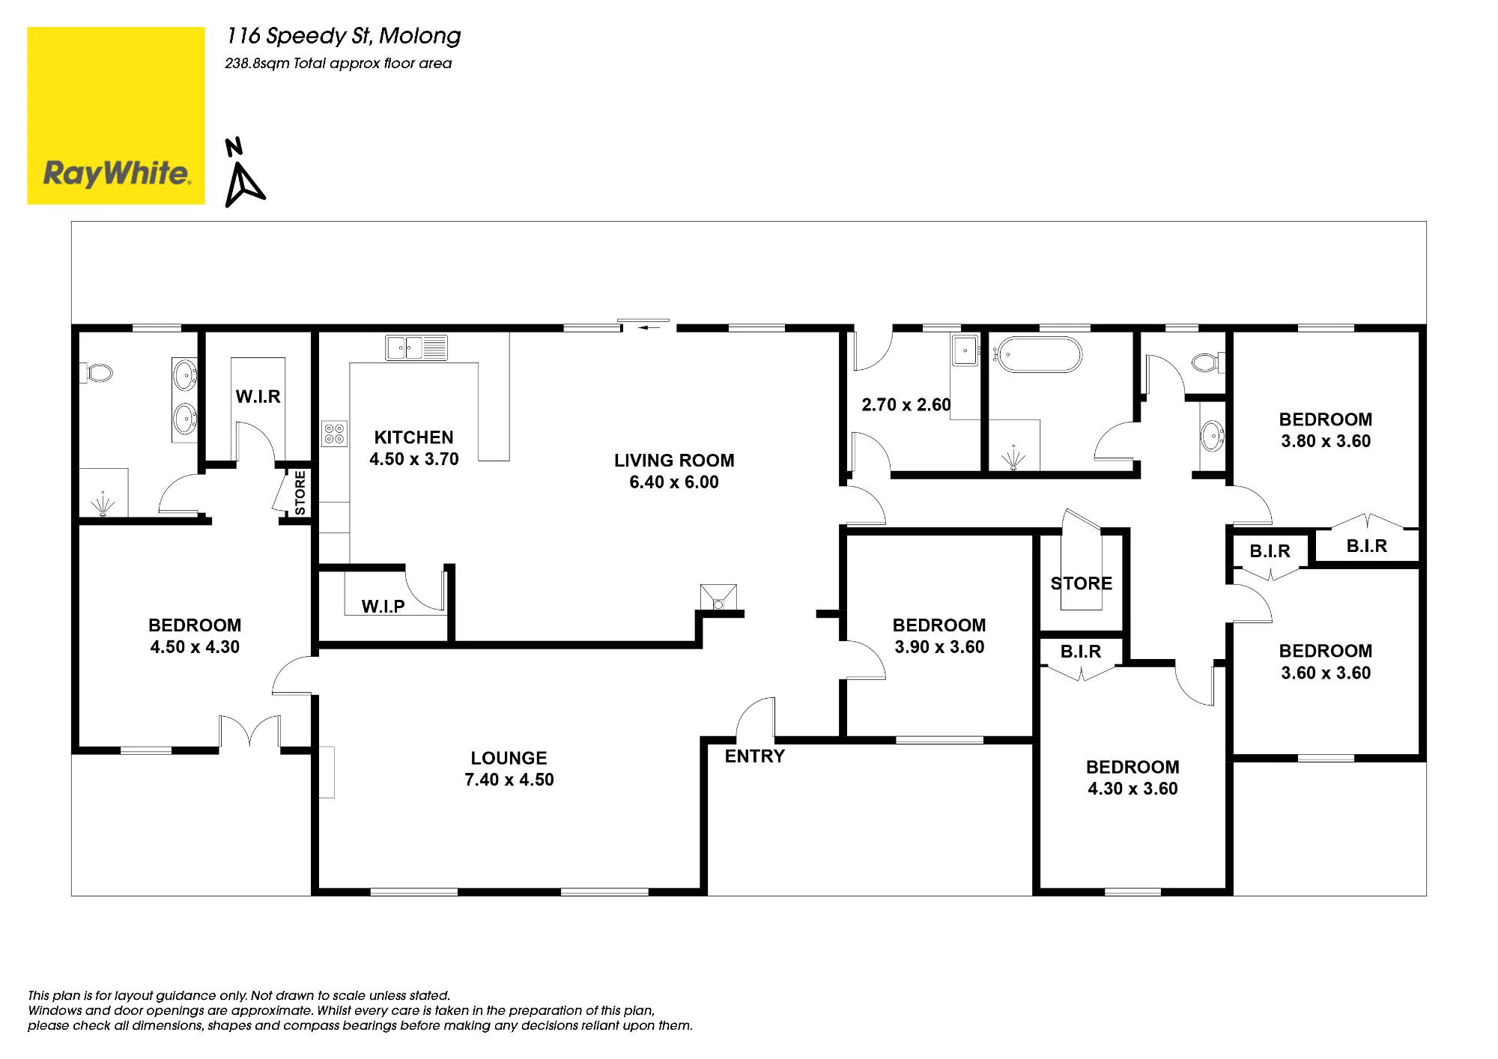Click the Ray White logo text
(117, 174)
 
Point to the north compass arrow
(245, 185)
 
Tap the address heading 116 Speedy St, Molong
(344, 36)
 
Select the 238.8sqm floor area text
(339, 64)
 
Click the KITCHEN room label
(413, 437)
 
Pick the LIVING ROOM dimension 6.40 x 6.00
(674, 482)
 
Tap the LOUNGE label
(509, 758)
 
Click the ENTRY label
(754, 756)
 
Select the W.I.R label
(258, 397)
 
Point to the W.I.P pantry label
(383, 607)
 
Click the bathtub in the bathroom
(1038, 354)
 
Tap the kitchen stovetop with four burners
(333, 433)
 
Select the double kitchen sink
(416, 348)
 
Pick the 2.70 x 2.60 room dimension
(906, 405)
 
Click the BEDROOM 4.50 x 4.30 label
(195, 636)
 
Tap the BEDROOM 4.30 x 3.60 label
(1132, 777)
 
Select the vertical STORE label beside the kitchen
(300, 493)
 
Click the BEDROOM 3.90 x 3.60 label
(939, 636)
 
